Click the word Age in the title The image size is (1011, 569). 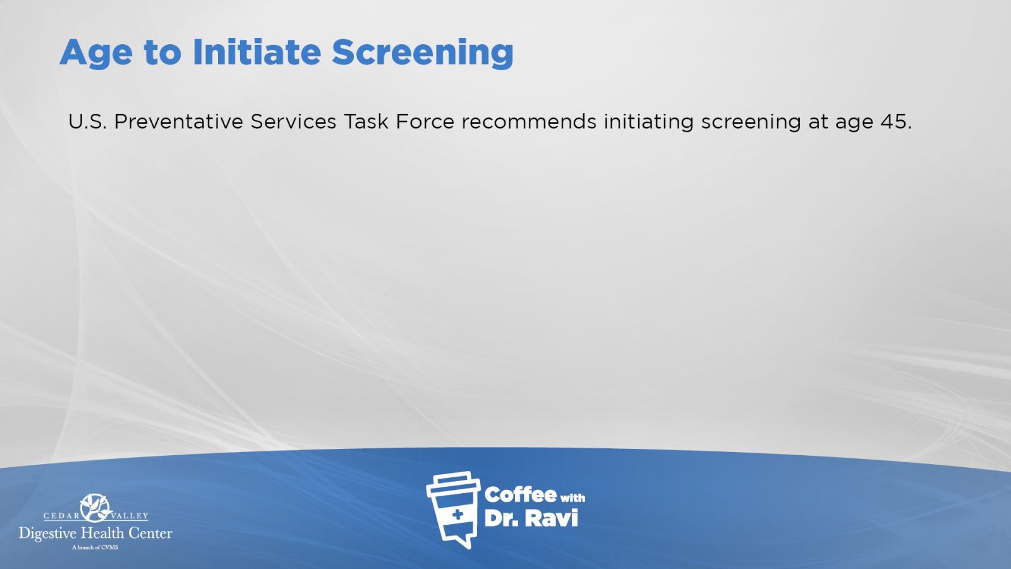click(x=96, y=53)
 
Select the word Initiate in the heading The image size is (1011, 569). click(x=257, y=52)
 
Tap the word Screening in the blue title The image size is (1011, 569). click(x=423, y=53)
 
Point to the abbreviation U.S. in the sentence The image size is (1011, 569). click(x=88, y=121)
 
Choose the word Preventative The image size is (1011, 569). click(x=179, y=121)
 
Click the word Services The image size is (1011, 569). click(x=293, y=121)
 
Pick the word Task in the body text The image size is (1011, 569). click(x=366, y=121)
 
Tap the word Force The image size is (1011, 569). click(x=425, y=121)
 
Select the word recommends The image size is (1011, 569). click(x=529, y=121)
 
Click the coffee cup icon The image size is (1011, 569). click(x=453, y=510)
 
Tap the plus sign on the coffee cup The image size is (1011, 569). click(x=457, y=515)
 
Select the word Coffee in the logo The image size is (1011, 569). click(x=521, y=495)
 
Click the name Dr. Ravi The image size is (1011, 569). click(x=531, y=518)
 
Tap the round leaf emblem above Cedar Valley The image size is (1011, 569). click(x=95, y=508)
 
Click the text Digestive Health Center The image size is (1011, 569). click(x=95, y=534)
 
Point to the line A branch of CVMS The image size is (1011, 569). click(x=95, y=548)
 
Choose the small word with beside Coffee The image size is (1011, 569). click(x=572, y=498)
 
